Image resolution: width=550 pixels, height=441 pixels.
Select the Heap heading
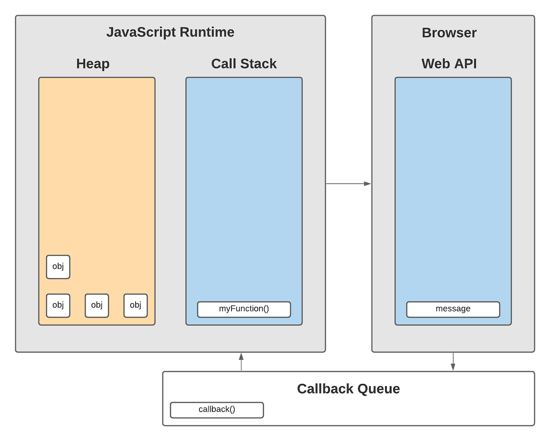[93, 64]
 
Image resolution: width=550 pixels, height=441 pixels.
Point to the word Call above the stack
[226, 64]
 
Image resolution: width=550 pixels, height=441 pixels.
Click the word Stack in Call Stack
[260, 64]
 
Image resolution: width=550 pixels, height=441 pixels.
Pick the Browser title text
[449, 33]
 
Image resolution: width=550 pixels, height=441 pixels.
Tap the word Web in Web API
[435, 64]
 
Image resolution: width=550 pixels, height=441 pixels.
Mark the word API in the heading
[464, 64]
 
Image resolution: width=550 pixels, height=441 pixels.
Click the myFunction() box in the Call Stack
[244, 309]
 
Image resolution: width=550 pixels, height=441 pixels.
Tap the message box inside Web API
[453, 309]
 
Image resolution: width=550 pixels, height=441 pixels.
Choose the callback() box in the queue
[217, 410]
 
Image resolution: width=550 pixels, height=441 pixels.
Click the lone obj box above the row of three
[58, 267]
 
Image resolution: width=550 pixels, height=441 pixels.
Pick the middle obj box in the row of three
[97, 305]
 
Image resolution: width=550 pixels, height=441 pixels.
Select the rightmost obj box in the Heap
[136, 305]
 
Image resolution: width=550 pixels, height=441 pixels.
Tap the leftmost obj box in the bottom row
[58, 305]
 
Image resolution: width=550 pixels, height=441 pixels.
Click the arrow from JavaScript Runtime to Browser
[348, 184]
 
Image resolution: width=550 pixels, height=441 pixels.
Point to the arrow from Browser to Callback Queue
[453, 362]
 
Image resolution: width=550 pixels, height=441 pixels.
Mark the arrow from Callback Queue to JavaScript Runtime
[241, 362]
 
